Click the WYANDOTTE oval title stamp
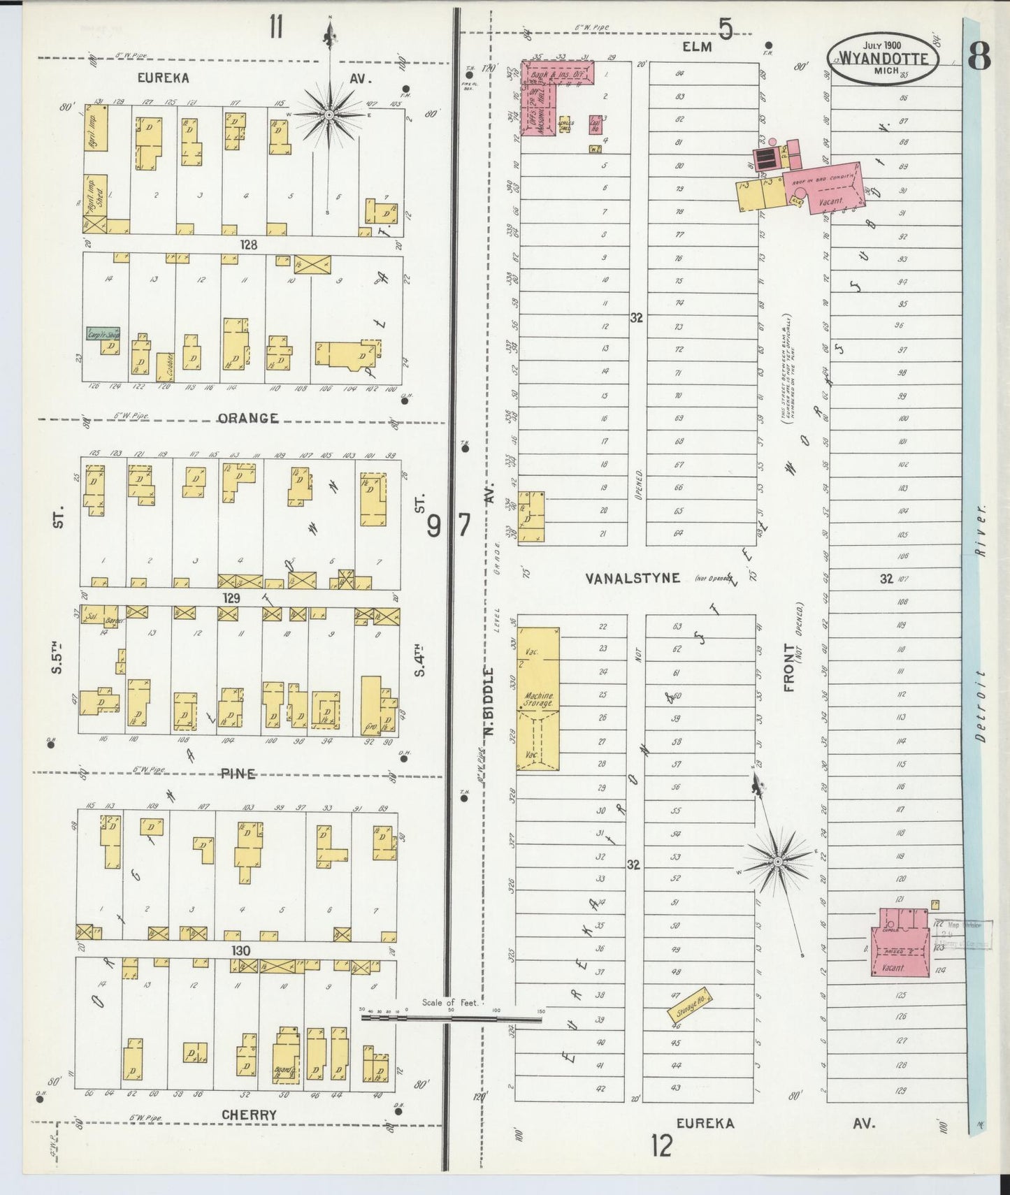coord(883,59)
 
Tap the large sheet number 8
coord(979,57)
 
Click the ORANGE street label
coord(248,419)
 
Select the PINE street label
coord(238,774)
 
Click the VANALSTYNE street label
coord(633,578)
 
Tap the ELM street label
coord(697,47)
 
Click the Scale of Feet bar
coord(451,1019)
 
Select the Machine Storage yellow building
coord(538,699)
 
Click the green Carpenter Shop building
coord(103,333)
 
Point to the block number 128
coord(248,245)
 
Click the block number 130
coord(241,951)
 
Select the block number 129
coord(231,598)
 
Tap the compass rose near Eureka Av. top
coord(329,113)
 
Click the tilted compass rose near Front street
coord(778,858)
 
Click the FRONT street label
coord(790,667)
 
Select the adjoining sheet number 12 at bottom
coord(661,1146)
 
